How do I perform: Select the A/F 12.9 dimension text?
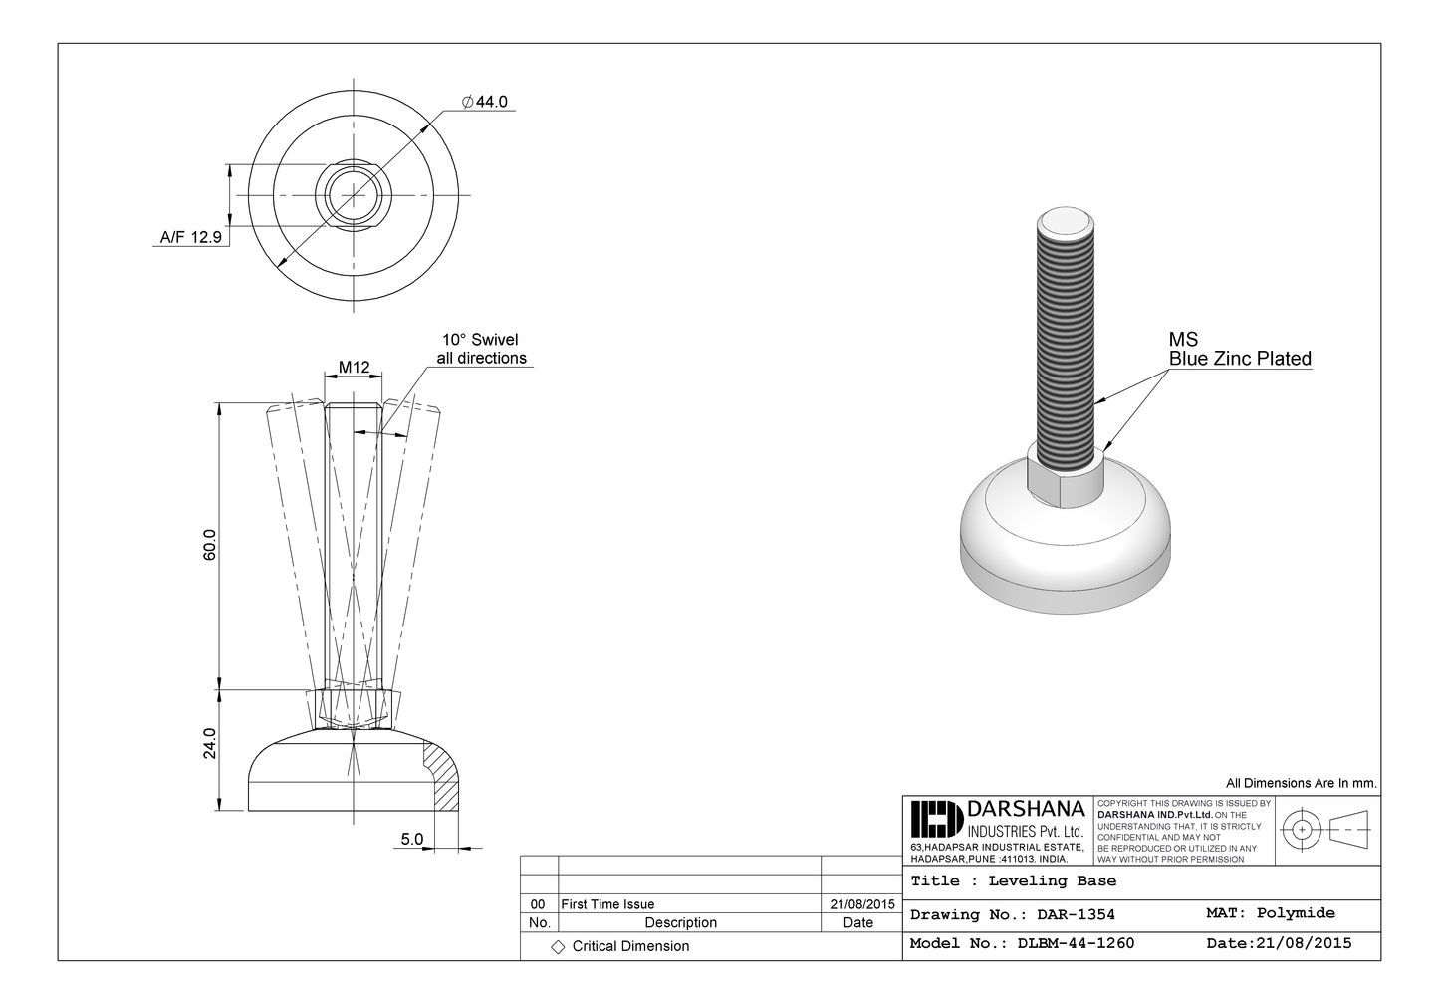[190, 238]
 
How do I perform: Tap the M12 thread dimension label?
[354, 368]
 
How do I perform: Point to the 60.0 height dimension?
[210, 545]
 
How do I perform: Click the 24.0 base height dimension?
[210, 743]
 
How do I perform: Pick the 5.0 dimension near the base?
[411, 840]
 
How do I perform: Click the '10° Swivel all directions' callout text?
[481, 349]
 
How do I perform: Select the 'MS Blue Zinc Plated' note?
[1239, 350]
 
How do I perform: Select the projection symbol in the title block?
[1325, 829]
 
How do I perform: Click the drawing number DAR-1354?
[1076, 914]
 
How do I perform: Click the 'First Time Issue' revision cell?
[607, 904]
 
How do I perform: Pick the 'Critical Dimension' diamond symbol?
[558, 946]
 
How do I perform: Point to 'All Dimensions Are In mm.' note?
[1301, 783]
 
